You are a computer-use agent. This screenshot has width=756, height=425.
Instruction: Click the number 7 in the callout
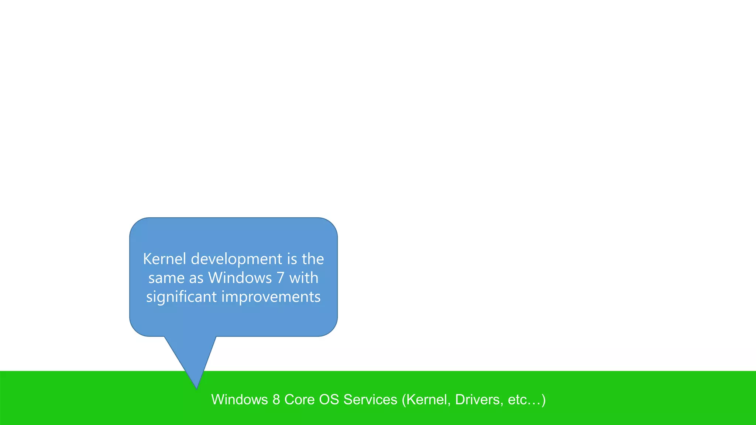pos(281,278)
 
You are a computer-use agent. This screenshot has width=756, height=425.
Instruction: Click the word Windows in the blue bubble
pos(240,278)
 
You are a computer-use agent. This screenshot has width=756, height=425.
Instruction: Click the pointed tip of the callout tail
pos(197,388)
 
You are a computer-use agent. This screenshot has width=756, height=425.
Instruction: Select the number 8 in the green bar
pos(276,400)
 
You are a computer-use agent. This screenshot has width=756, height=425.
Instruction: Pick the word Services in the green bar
pos(370,400)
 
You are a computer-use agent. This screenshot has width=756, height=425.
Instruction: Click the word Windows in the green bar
pos(240,400)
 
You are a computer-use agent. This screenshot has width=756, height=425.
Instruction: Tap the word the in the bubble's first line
pos(313,259)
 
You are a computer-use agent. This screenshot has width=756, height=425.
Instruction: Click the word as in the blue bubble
pos(196,278)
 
